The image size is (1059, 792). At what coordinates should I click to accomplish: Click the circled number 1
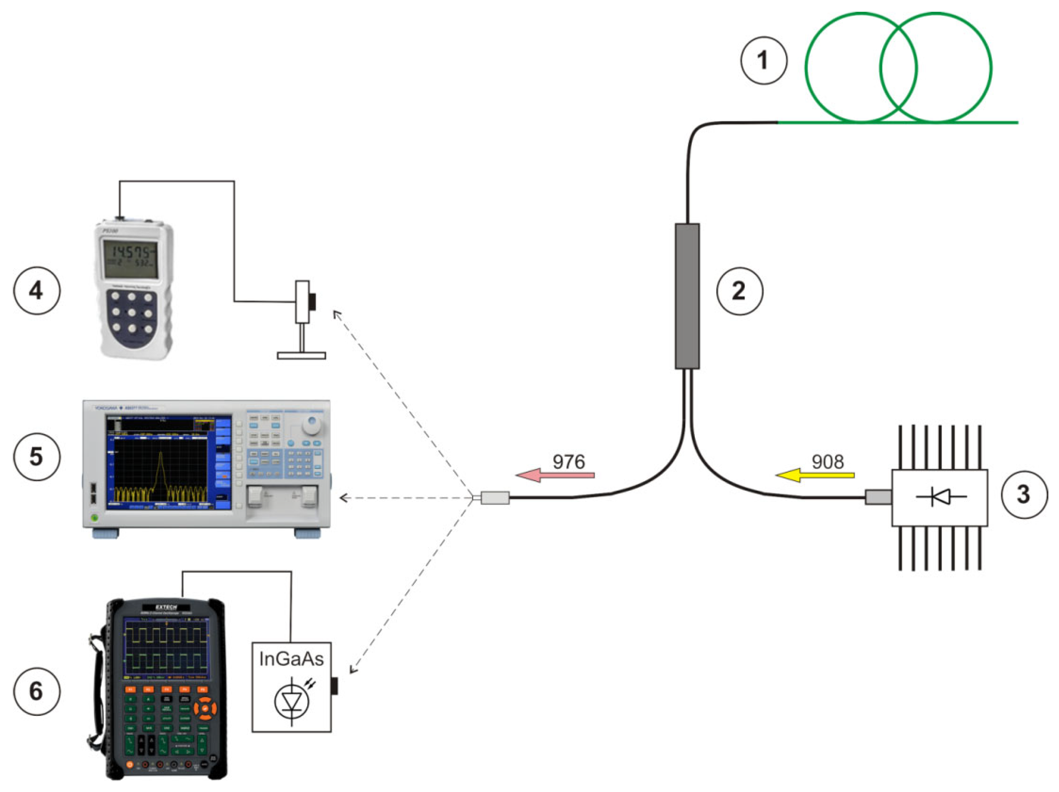click(763, 61)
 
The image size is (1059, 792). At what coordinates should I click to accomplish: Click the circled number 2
click(739, 291)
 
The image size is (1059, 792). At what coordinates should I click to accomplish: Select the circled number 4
click(36, 290)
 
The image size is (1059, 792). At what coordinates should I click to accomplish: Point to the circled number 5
click(36, 456)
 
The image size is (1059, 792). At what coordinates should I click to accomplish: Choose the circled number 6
click(36, 691)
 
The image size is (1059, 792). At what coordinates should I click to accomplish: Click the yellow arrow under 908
click(815, 475)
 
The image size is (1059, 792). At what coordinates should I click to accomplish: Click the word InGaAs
click(291, 659)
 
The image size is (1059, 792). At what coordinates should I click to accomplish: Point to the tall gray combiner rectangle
click(687, 296)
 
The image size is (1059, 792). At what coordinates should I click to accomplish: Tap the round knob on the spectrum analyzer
click(312, 424)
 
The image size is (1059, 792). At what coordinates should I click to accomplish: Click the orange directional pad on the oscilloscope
click(204, 709)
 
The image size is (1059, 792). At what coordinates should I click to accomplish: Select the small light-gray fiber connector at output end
click(494, 498)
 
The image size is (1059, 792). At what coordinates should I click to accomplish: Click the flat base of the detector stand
click(301, 355)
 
